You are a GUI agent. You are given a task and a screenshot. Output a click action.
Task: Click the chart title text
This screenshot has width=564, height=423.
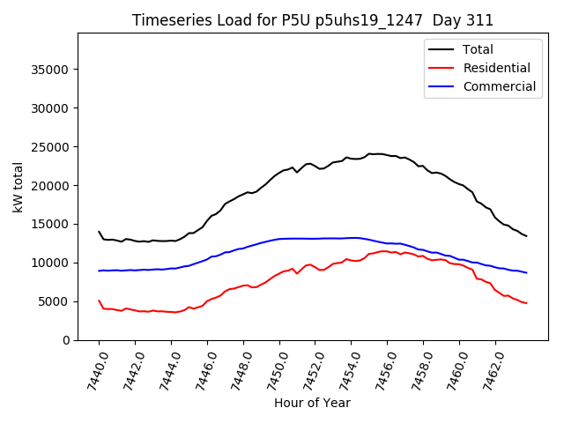click(x=313, y=20)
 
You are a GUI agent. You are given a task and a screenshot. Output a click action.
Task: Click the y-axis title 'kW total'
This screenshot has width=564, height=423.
click(x=19, y=187)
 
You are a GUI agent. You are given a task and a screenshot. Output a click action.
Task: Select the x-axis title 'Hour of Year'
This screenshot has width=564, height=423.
click(x=312, y=403)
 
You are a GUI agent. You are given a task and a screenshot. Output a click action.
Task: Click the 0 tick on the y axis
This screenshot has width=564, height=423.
click(x=66, y=340)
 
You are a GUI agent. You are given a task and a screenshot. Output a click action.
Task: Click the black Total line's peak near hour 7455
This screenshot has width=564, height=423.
click(x=370, y=153)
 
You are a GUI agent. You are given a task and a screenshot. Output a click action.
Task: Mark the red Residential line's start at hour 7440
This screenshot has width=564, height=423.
click(x=99, y=301)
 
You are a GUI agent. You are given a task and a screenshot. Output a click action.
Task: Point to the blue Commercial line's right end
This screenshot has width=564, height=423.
click(x=527, y=272)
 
